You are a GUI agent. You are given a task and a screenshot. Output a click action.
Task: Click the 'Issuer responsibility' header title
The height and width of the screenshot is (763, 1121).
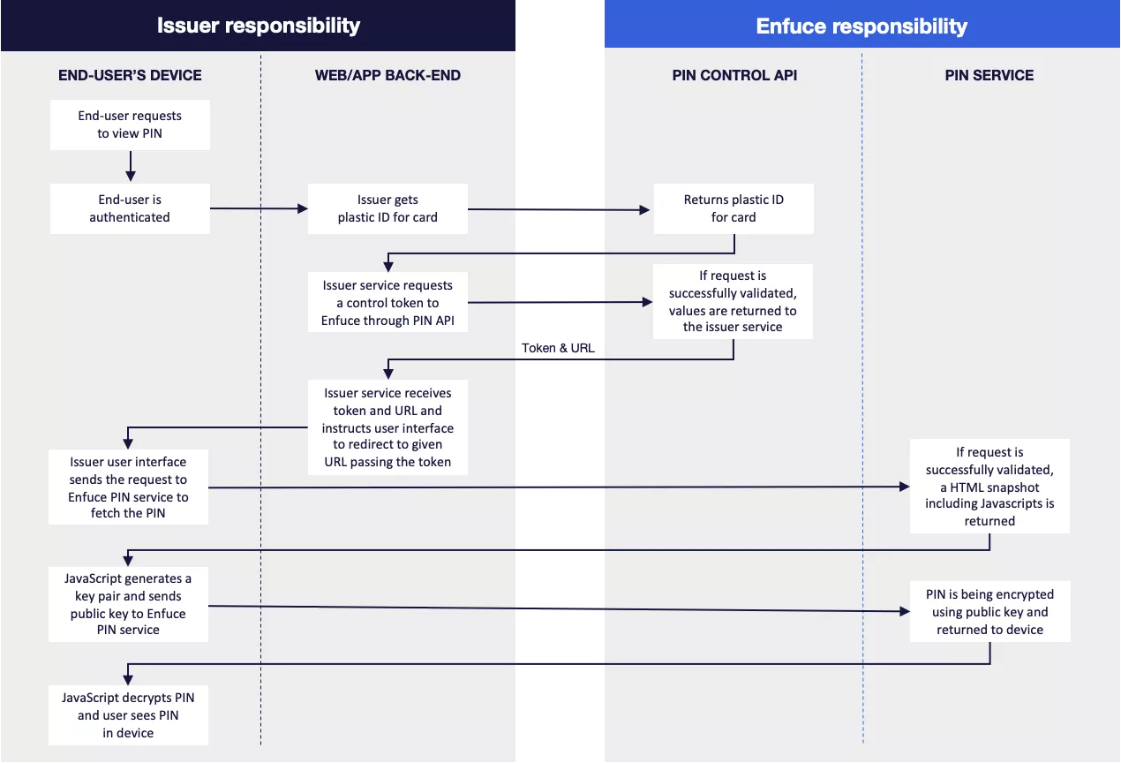tap(258, 26)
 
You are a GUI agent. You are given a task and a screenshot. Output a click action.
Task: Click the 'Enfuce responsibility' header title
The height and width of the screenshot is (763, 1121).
tap(861, 26)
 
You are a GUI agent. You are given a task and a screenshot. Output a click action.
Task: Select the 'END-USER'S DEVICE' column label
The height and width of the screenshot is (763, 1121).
tap(130, 75)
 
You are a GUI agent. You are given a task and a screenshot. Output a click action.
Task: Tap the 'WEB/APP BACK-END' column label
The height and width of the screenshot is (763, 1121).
tap(387, 75)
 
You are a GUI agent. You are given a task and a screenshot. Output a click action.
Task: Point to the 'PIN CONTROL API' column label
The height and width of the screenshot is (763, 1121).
tap(734, 75)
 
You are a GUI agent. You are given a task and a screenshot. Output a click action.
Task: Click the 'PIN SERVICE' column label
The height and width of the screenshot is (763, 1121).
tap(989, 75)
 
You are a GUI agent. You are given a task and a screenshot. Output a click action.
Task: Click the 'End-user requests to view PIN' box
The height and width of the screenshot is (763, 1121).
tap(130, 125)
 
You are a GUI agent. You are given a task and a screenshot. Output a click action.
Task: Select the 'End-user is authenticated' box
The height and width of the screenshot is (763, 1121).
tap(130, 208)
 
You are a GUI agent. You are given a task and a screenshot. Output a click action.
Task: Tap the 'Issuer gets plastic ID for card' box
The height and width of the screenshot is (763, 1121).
tap(387, 208)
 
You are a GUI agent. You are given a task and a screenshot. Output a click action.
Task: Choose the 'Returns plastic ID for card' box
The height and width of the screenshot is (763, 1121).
tap(734, 208)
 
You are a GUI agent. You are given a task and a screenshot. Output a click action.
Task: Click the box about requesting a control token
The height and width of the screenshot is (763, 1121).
tap(387, 303)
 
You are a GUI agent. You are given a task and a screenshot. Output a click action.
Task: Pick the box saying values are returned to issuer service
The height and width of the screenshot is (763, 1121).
tap(734, 301)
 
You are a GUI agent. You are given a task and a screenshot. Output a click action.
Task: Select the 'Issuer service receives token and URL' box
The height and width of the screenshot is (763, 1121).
tap(387, 427)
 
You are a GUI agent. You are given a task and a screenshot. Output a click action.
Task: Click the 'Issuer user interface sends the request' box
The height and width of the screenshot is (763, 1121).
tap(130, 487)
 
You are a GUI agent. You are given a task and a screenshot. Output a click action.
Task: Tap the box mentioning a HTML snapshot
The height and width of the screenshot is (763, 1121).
tap(989, 487)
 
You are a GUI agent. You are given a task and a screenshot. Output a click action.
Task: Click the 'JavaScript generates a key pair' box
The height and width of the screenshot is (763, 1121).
tap(130, 604)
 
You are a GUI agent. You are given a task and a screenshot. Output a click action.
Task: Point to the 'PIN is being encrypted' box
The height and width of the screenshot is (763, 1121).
tap(989, 612)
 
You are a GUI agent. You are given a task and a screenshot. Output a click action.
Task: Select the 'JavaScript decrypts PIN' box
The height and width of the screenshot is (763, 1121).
tap(130, 715)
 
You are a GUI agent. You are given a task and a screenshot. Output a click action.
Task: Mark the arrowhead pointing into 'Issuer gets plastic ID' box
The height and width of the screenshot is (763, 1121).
tap(302, 209)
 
